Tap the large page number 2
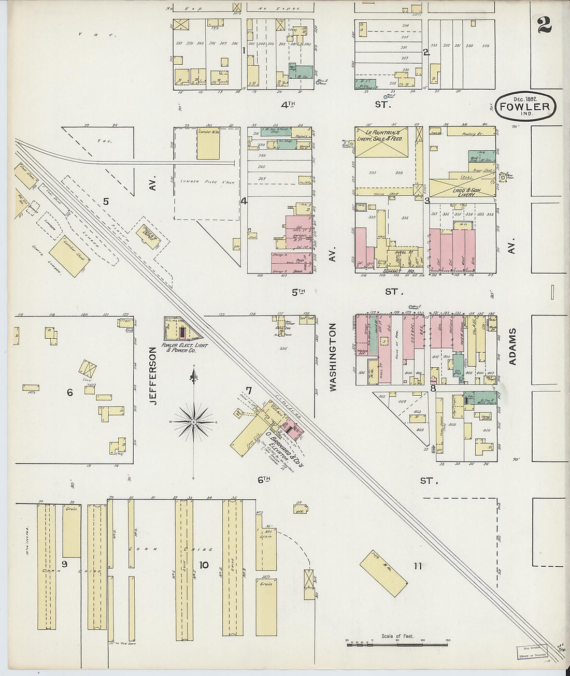(x=544, y=24)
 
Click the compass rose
(x=194, y=422)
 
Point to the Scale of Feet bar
(x=397, y=643)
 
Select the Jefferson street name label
(x=152, y=376)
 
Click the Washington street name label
(x=332, y=356)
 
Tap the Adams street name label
(x=512, y=346)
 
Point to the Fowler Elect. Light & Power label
(x=184, y=347)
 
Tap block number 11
(x=417, y=566)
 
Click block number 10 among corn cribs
(x=204, y=565)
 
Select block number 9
(x=64, y=564)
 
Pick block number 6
(x=69, y=393)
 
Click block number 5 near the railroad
(x=106, y=201)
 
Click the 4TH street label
(x=288, y=105)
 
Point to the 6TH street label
(x=264, y=480)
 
